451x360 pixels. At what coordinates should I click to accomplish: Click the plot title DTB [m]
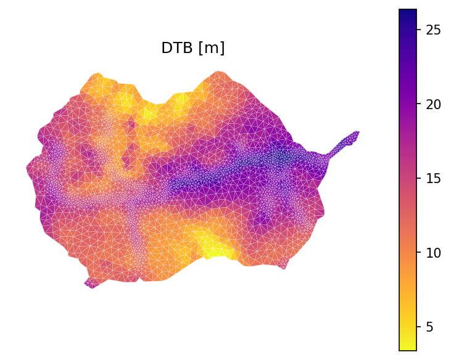pos(192,48)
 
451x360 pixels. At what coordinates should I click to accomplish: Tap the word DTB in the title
pos(175,48)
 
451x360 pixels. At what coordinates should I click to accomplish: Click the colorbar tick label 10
pos(432,252)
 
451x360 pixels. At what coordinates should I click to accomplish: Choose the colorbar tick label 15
pos(432,178)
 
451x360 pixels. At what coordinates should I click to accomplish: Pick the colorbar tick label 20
pos(432,104)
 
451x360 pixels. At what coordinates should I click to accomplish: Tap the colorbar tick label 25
pos(432,30)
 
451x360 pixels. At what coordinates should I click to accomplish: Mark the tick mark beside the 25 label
pos(418,30)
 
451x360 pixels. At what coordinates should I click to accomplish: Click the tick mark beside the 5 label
pos(418,327)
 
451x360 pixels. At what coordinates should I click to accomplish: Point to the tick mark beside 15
pos(418,178)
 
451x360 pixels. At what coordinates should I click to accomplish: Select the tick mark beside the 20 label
pos(418,104)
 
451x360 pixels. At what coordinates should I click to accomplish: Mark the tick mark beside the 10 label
pos(418,252)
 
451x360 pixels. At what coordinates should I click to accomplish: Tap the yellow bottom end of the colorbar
pos(408,347)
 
